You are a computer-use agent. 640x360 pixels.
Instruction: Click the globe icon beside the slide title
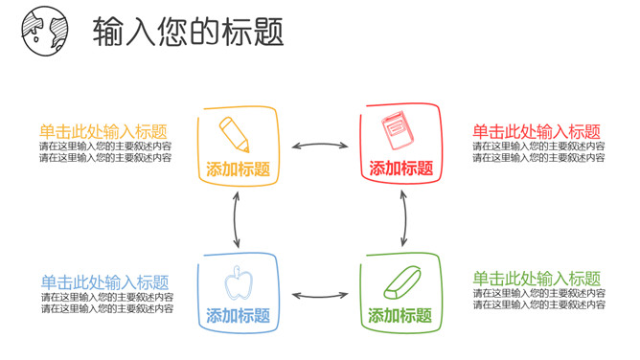tap(40, 30)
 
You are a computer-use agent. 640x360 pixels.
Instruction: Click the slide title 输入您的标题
tap(189, 32)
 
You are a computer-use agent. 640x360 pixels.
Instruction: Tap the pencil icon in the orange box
tap(234, 133)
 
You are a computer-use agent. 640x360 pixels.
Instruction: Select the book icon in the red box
tap(396, 131)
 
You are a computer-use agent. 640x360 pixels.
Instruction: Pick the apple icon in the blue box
tap(237, 283)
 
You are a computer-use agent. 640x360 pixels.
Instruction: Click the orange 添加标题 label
tap(238, 169)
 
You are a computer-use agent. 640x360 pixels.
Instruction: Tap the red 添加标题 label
tap(401, 169)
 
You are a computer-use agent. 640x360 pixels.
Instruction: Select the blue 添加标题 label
tap(238, 315)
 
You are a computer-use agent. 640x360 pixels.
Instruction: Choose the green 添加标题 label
tap(400, 315)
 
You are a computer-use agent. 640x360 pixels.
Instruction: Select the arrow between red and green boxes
tap(403, 216)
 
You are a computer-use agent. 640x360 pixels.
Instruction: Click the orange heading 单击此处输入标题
tap(103, 132)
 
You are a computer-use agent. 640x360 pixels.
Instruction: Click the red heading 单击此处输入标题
tap(537, 132)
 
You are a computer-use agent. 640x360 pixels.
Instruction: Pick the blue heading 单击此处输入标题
tap(105, 282)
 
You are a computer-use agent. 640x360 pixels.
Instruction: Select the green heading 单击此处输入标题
tap(537, 279)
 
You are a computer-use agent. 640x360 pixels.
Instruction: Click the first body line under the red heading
tap(538, 146)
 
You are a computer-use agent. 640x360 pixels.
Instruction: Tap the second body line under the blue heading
tap(107, 308)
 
